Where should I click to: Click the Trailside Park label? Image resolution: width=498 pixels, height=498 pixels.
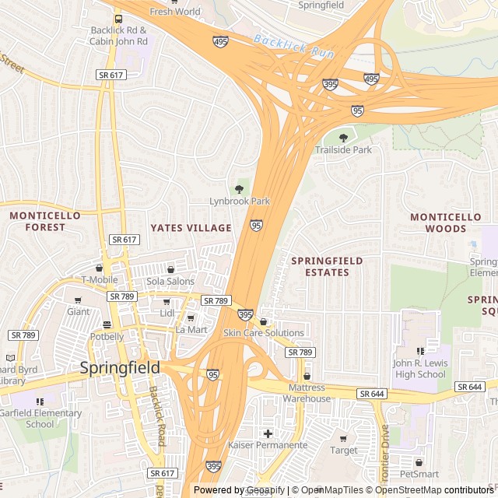pyautogui.click(x=343, y=149)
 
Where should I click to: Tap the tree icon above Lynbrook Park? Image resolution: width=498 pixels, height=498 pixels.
pyautogui.click(x=239, y=189)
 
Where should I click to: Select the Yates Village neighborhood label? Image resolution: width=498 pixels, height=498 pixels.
pyautogui.click(x=191, y=228)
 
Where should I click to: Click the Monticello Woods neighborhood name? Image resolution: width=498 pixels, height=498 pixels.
pyautogui.click(x=446, y=223)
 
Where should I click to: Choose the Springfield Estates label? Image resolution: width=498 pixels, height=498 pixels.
pyautogui.click(x=327, y=267)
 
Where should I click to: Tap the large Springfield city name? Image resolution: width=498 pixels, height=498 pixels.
pyautogui.click(x=121, y=367)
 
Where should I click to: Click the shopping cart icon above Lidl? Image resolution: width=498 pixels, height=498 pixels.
pyautogui.click(x=166, y=302)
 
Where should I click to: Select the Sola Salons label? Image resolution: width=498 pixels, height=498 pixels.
pyautogui.click(x=170, y=281)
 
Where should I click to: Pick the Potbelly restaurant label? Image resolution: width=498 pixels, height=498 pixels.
pyautogui.click(x=107, y=336)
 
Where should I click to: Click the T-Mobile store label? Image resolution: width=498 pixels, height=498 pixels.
pyautogui.click(x=100, y=280)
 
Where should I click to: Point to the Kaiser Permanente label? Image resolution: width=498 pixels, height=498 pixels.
pyautogui.click(x=267, y=445)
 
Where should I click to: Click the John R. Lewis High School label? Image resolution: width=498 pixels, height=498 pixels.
pyautogui.click(x=419, y=369)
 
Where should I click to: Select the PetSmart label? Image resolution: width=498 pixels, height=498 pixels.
pyautogui.click(x=419, y=473)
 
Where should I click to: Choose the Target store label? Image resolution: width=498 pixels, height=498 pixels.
pyautogui.click(x=344, y=450)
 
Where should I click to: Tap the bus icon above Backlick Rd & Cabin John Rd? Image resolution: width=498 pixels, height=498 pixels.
pyautogui.click(x=118, y=19)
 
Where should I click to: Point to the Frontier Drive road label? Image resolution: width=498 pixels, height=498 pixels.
pyautogui.click(x=384, y=451)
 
